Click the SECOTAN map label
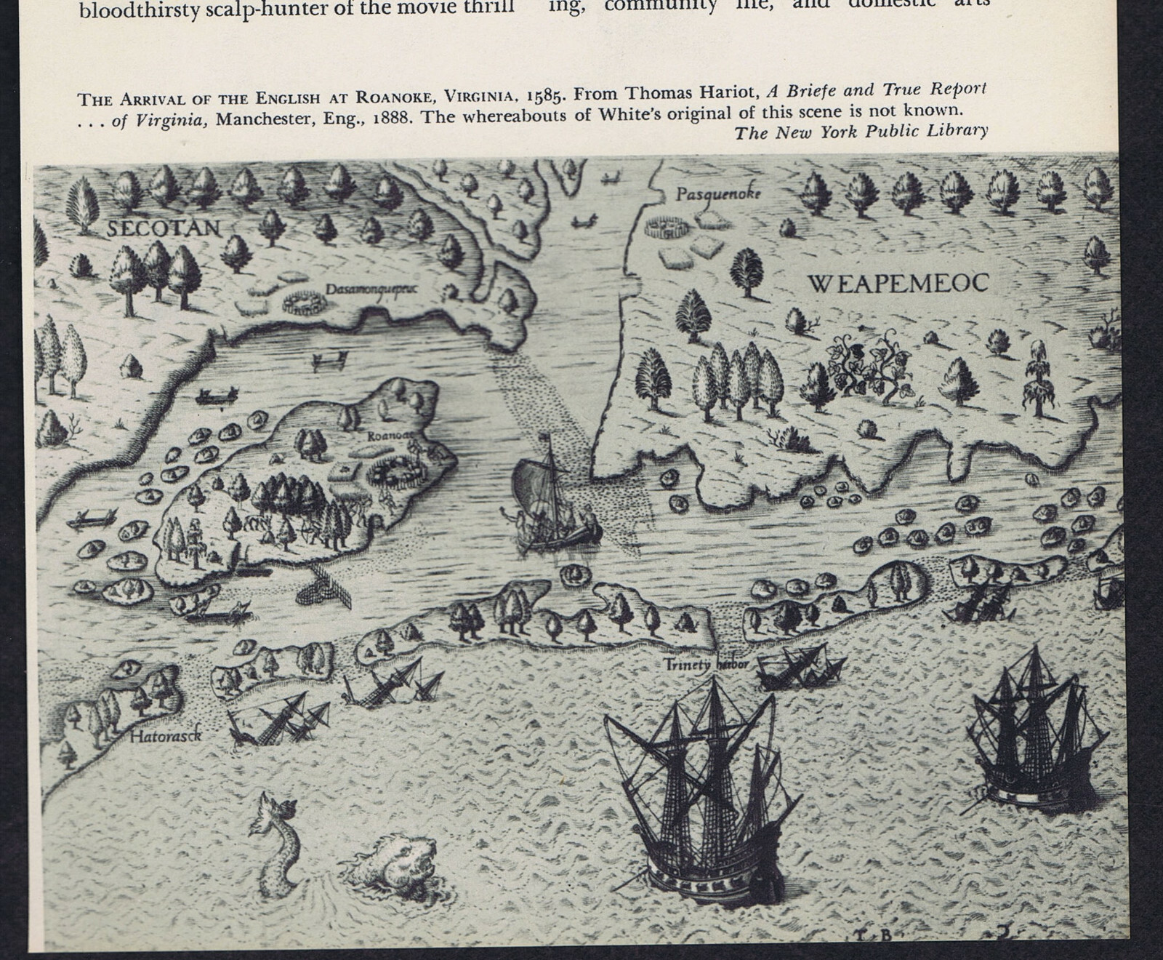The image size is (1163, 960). point(164,228)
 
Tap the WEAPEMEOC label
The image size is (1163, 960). point(898,283)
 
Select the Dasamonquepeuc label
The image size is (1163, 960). point(371,289)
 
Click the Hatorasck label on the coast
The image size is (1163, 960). point(165,737)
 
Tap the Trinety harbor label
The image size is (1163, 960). point(706,664)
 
